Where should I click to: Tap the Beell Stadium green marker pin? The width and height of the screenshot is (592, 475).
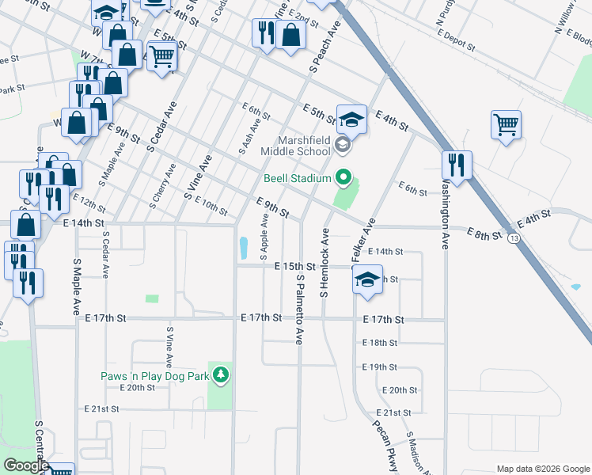[x=343, y=177]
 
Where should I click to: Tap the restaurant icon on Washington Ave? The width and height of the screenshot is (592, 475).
[x=457, y=165]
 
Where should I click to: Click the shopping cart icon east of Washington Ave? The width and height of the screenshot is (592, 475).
[x=506, y=124]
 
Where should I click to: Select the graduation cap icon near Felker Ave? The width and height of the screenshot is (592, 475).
[x=367, y=279]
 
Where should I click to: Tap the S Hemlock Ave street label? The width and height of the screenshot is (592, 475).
[x=324, y=263]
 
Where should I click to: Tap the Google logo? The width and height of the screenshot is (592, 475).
[x=25, y=465]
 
